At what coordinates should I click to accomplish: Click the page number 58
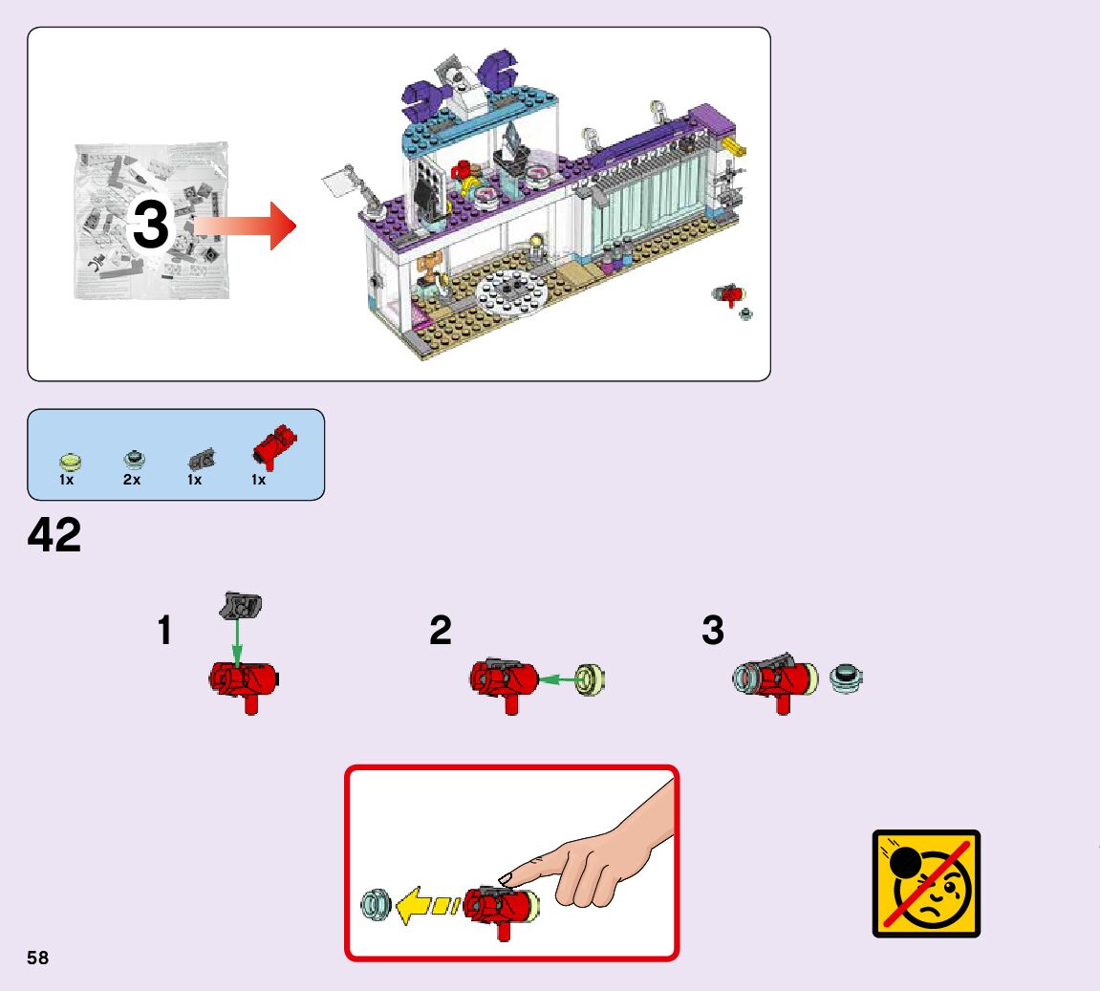pos(38,958)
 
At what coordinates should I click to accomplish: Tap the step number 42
pos(54,536)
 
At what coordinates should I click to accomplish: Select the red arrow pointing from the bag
pos(247,226)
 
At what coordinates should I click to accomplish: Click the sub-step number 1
pos(165,631)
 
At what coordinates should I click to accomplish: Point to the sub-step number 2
pos(440,631)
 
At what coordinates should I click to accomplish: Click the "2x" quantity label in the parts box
pos(132,480)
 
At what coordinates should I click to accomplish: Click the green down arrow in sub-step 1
pos(237,640)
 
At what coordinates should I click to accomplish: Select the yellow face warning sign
pos(926,883)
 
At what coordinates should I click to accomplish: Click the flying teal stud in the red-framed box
pos(376,904)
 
